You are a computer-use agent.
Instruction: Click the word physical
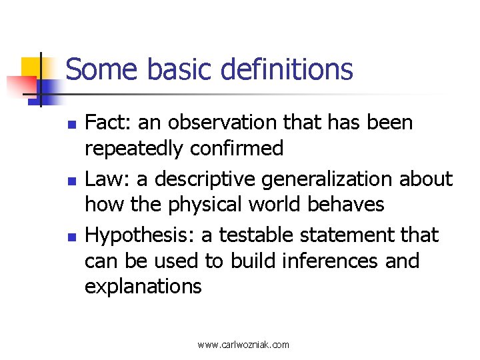pyautogui.click(x=203, y=204)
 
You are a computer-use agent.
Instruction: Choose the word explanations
pyautogui.click(x=143, y=286)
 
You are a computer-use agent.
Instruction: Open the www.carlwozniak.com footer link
pyautogui.click(x=243, y=345)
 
